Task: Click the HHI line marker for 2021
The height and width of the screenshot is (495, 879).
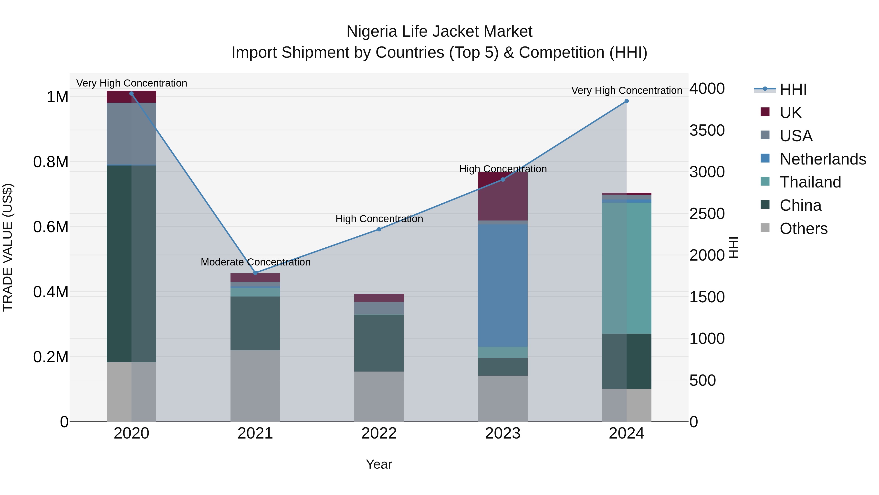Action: coord(255,273)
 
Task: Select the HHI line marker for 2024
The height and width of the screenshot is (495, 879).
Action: coord(627,101)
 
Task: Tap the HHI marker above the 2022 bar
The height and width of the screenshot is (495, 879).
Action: coord(379,229)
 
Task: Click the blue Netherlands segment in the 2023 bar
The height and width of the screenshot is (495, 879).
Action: coord(503,285)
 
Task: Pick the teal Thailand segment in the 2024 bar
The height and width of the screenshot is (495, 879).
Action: coord(627,268)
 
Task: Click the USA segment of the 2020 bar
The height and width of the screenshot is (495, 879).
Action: coord(131,134)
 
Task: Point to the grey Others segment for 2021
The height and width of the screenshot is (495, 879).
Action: coord(255,386)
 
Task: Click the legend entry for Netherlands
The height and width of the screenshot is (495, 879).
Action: coord(822,159)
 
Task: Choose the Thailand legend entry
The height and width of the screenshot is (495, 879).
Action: coord(810,182)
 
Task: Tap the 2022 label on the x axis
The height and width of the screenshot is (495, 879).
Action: coord(379,433)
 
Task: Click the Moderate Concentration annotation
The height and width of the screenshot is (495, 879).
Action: coord(255,262)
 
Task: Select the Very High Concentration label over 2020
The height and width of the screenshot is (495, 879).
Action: coord(131,83)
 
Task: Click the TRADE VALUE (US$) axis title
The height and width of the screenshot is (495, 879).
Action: coord(8,247)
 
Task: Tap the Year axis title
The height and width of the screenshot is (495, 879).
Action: coord(379,464)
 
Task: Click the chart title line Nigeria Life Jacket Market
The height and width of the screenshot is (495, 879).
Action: coord(439,32)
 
